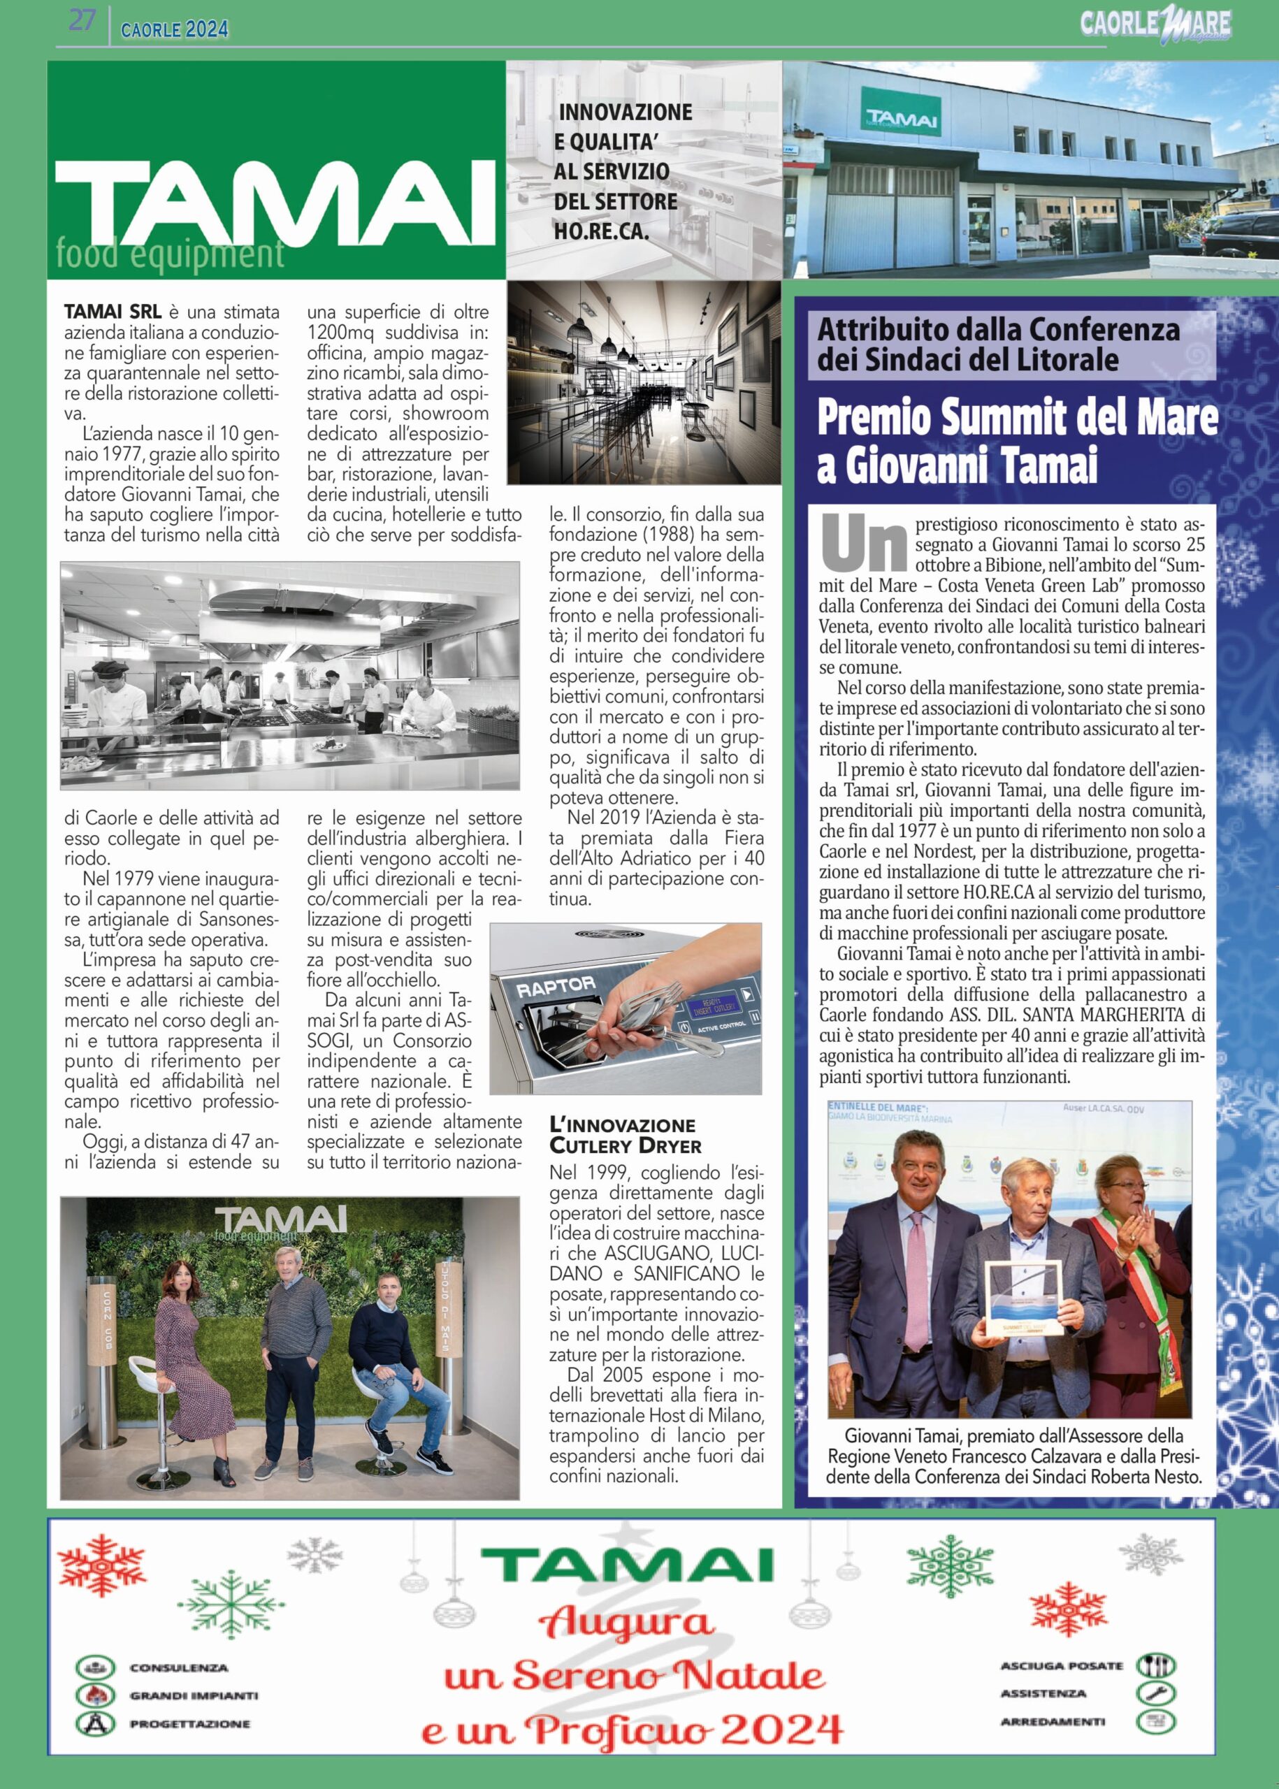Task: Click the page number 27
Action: pos(82,23)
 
